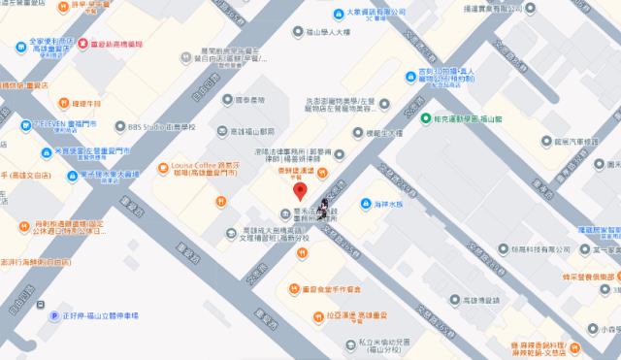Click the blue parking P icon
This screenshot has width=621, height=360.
(41, 315)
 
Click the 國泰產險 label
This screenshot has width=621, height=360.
(248, 99)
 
